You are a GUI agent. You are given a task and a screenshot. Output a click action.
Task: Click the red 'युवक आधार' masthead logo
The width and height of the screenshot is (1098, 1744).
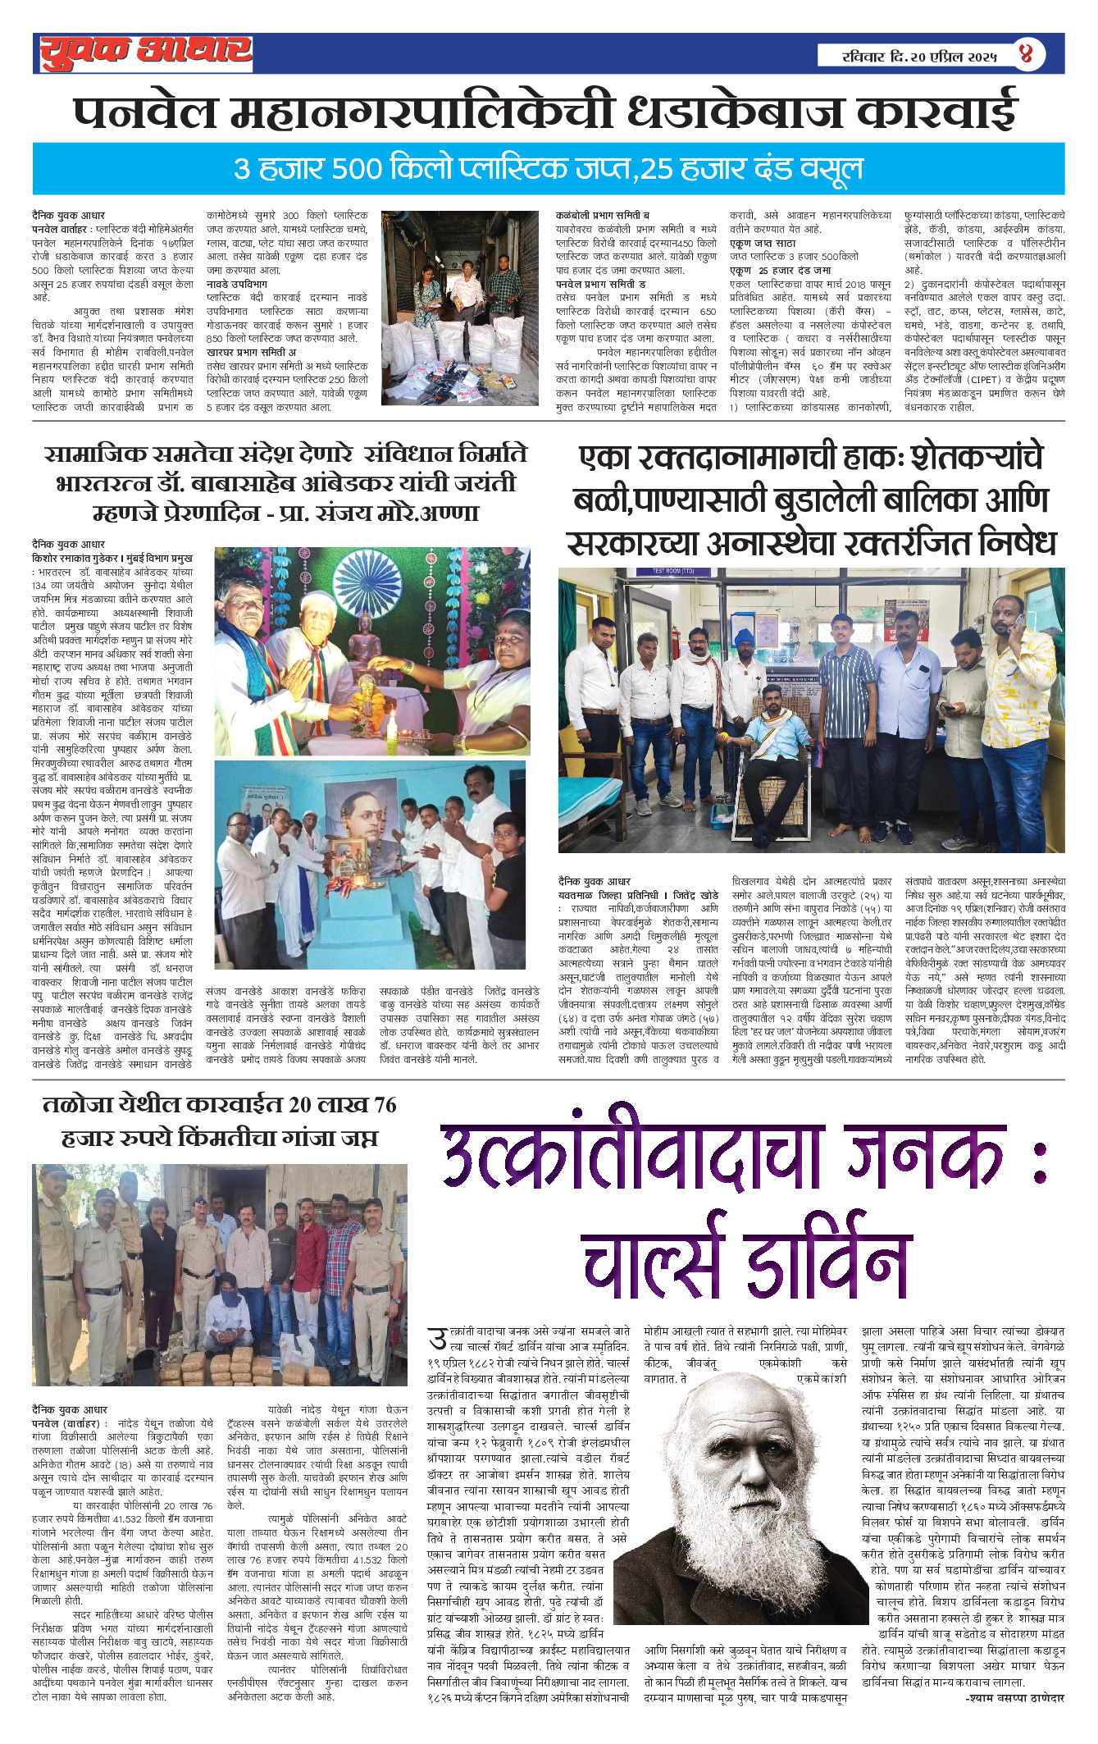pos(144,53)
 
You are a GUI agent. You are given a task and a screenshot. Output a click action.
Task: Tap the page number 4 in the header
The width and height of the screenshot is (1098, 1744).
pos(1026,54)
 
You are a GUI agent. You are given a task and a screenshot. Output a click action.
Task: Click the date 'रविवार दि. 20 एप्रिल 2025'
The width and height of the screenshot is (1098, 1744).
pos(919,56)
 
